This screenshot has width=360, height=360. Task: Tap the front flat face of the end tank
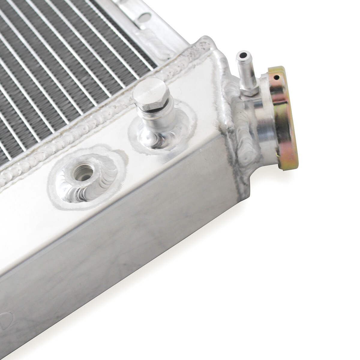[x=120, y=270]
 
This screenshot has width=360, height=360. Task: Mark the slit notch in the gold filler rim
[x=275, y=79]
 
